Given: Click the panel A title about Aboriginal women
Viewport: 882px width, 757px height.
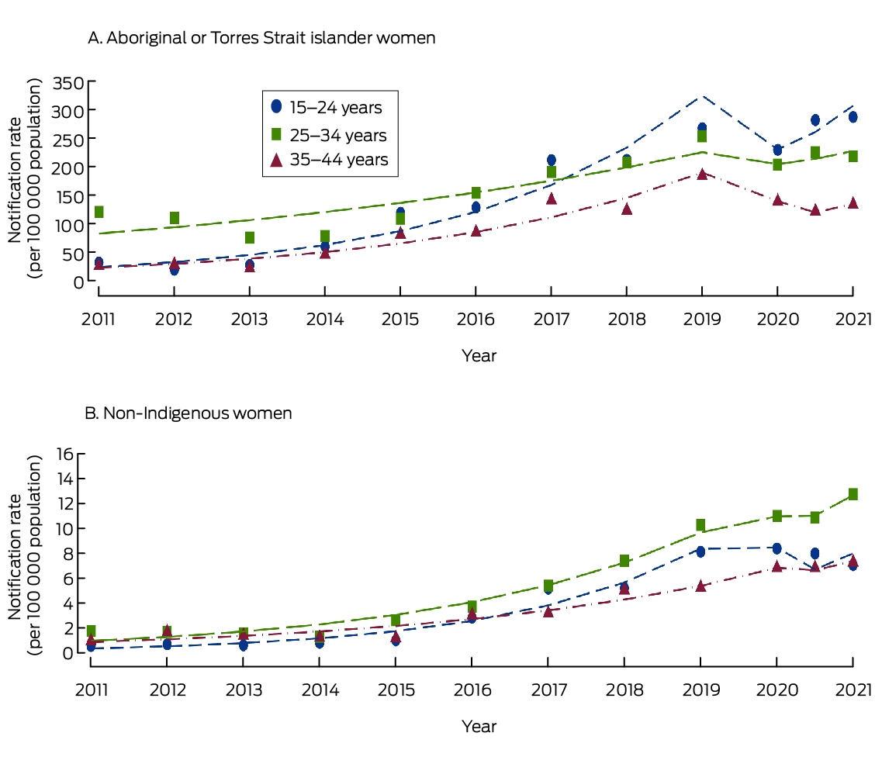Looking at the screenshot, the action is coord(261,38).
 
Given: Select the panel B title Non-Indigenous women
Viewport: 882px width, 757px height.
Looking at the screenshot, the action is coord(189,413).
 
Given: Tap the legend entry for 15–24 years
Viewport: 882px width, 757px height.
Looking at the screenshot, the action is coord(327,107).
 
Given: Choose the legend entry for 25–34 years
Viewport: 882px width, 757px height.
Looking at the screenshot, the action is coord(329,135).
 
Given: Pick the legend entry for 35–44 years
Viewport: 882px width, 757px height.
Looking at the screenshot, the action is coord(330,160).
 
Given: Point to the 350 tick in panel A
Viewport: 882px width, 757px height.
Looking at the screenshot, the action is coord(68,83).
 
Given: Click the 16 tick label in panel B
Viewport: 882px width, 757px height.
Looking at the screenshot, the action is coord(65,453).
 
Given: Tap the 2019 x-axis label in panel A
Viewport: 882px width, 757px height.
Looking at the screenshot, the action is coord(702,320).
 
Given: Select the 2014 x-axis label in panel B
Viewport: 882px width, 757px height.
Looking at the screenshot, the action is coord(320,690).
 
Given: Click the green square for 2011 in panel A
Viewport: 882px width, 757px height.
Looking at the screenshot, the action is coord(99,212).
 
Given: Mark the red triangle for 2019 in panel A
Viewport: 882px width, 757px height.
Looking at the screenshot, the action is coord(702,174).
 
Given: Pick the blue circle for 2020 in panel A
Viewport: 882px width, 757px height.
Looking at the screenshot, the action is coord(777,150).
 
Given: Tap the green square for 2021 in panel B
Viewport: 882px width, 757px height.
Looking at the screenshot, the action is coord(853,494).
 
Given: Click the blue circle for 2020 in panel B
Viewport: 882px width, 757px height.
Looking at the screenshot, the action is coord(777,548).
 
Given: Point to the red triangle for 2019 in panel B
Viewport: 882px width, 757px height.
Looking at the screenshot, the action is coord(700,586).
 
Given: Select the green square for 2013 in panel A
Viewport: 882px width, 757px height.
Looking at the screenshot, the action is coord(250,238).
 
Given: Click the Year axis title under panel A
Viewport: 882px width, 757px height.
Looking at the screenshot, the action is coord(479,355).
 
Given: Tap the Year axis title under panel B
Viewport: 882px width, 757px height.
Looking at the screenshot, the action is coord(479,726).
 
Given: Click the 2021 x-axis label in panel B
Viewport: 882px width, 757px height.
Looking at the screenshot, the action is coord(853,690).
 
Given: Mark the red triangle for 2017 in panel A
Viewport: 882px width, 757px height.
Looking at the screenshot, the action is coord(552,199).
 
